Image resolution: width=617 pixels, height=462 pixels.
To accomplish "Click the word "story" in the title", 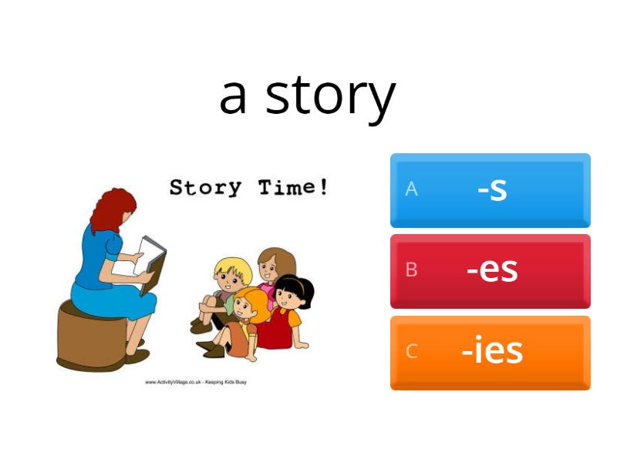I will click(330, 95).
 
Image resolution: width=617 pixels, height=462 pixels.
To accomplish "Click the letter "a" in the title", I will click(233, 95).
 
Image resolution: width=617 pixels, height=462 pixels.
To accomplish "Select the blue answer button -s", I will click(491, 189).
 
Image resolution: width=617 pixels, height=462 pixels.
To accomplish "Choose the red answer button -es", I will click(491, 270).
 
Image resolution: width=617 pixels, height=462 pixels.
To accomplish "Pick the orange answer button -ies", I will click(491, 351).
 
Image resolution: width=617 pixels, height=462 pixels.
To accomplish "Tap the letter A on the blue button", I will click(411, 189).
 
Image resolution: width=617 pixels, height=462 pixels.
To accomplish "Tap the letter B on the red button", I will click(411, 270).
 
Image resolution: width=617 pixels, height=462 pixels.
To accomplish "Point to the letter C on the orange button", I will click(411, 352).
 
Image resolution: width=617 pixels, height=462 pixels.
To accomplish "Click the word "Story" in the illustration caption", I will click(205, 187).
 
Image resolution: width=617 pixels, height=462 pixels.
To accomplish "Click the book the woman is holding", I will click(151, 263).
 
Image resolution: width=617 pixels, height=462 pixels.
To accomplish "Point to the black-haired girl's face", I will click(294, 296).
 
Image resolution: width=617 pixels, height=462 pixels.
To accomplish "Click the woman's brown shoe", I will click(137, 356).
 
